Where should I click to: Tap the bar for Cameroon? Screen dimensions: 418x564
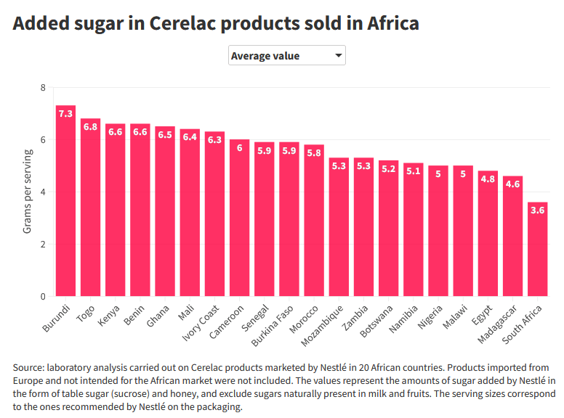tap(240, 218)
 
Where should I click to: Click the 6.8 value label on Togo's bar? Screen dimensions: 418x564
tap(91, 127)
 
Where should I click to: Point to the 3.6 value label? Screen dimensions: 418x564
tap(537, 210)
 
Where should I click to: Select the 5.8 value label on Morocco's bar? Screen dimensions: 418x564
tap(314, 153)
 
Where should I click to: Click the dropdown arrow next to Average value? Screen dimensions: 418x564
tap(338, 55)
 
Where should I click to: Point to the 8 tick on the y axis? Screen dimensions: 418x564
tap(43, 88)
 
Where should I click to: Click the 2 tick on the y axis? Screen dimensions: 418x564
tap(43, 245)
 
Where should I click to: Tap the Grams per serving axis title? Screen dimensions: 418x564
tap(28, 192)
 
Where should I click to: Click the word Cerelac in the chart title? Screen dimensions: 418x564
tap(185, 23)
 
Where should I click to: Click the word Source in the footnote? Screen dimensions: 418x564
tap(30, 367)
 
